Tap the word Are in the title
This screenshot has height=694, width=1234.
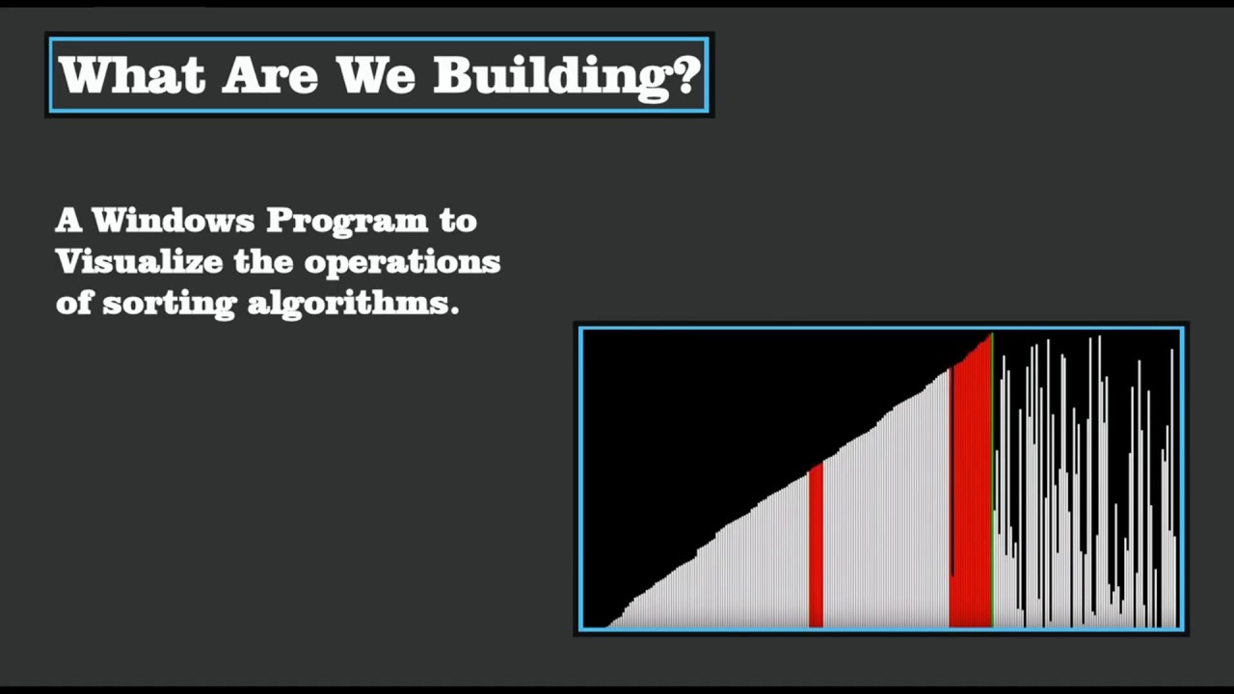[270, 75]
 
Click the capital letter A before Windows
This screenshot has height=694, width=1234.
[67, 221]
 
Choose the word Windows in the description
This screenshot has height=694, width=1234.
[174, 221]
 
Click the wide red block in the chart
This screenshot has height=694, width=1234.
[972, 501]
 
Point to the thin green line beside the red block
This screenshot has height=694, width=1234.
[993, 482]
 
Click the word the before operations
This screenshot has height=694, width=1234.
[263, 262]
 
